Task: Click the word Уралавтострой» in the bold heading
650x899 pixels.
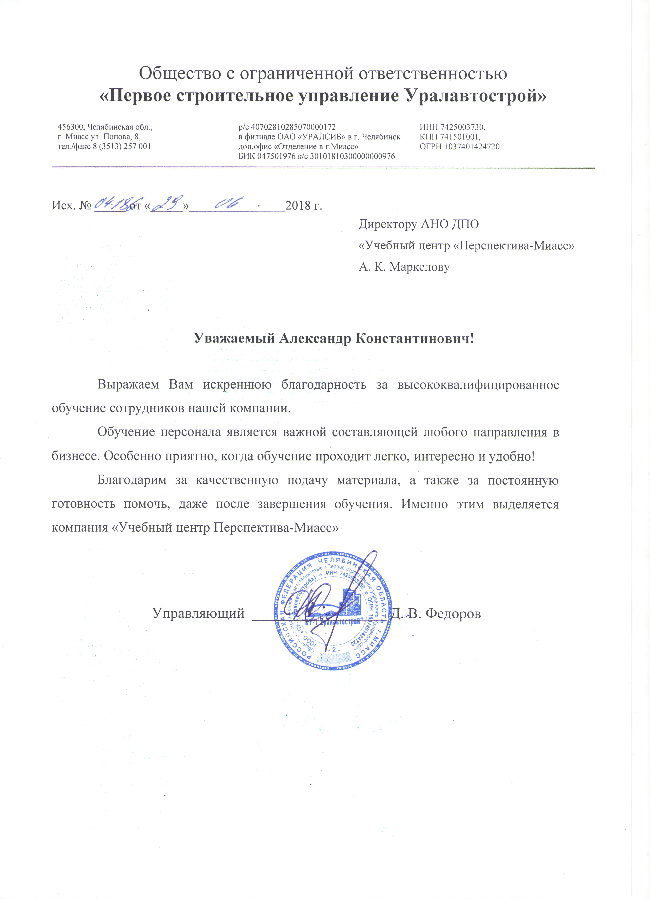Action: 475,96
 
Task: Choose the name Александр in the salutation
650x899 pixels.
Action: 316,339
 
